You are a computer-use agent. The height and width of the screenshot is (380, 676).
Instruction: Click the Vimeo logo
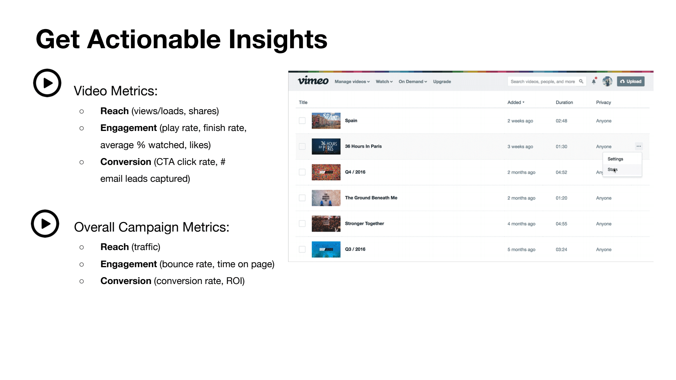click(313, 80)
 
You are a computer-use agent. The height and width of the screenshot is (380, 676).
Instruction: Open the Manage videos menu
click(352, 81)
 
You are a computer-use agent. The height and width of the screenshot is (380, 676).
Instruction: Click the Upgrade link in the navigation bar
click(442, 81)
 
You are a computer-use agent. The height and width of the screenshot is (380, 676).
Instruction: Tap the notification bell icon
click(594, 81)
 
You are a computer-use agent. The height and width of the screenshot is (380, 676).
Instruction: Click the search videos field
click(547, 81)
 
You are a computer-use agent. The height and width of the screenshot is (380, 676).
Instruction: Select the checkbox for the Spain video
click(302, 121)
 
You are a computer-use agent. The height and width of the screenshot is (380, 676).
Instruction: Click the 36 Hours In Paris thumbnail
click(326, 146)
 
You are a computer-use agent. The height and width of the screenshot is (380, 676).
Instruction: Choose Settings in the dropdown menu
click(615, 159)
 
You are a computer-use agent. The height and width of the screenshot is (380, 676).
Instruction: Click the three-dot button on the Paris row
click(639, 146)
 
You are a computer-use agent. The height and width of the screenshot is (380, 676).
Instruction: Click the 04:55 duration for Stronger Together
click(561, 224)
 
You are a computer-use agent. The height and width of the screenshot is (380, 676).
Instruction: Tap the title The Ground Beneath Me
click(371, 198)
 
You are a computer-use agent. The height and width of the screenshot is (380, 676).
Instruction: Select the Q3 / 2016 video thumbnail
click(326, 249)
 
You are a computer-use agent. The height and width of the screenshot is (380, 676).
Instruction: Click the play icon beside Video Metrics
click(47, 83)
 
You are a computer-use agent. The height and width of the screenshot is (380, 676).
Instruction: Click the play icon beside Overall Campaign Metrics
click(45, 224)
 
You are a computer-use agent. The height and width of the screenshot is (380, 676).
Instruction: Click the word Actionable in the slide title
click(154, 39)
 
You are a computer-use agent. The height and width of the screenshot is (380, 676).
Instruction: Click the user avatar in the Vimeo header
click(607, 81)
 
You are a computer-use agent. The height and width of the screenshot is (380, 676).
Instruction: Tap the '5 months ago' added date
click(521, 249)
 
